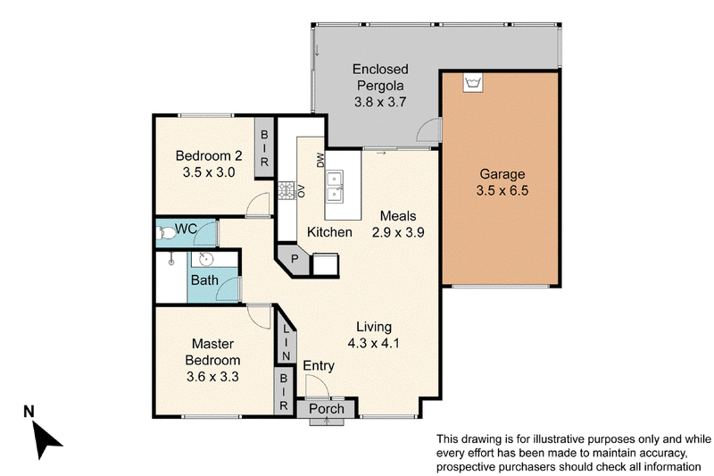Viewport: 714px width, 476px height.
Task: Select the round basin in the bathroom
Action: [x=206, y=259]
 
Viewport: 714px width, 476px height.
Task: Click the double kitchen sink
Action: [x=335, y=187]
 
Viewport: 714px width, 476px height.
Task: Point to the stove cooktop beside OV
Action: [x=286, y=191]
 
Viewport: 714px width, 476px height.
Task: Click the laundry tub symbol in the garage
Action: [x=473, y=83]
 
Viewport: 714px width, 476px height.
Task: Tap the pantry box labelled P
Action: [x=295, y=260]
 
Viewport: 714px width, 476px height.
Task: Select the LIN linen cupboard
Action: [x=286, y=342]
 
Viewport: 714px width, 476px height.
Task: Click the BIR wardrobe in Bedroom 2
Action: [x=264, y=148]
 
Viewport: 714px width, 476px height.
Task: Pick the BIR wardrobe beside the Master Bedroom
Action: [x=284, y=391]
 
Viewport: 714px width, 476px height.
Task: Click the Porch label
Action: [x=327, y=409]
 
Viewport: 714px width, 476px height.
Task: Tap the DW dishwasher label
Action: [x=320, y=160]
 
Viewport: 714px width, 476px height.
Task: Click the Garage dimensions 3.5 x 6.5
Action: [x=502, y=190]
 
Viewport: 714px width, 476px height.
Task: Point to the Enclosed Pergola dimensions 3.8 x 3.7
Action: [x=380, y=102]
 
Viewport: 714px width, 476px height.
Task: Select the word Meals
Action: [x=398, y=215]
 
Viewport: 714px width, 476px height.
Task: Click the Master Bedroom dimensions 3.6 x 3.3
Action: [x=212, y=377]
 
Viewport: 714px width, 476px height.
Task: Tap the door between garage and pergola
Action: [x=428, y=128]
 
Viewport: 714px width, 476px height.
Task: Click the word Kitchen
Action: [x=329, y=232]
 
